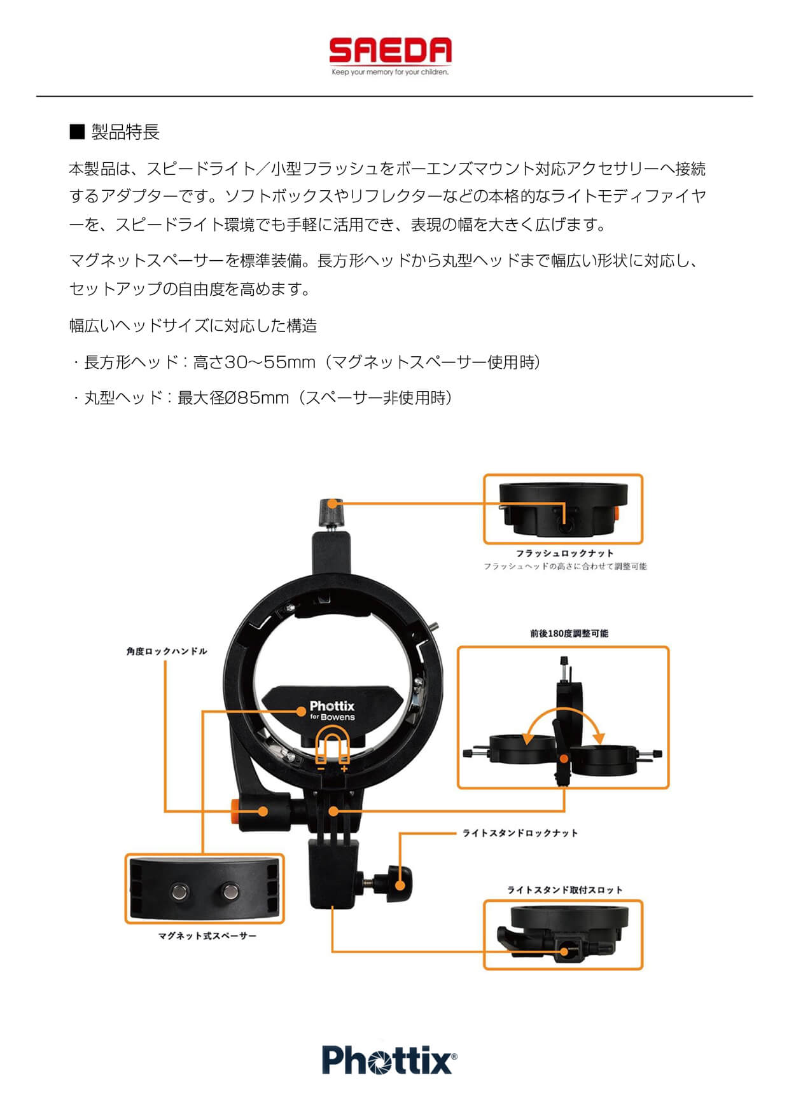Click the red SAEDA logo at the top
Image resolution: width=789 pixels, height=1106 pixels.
(x=390, y=51)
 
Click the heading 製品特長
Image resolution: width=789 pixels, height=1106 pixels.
(x=125, y=132)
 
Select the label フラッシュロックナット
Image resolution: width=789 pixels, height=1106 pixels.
(x=564, y=553)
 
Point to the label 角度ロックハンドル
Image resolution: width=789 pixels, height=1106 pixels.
(x=167, y=651)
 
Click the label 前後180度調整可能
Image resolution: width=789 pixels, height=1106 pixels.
(x=569, y=633)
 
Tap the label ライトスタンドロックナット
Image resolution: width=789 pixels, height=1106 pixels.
(x=520, y=833)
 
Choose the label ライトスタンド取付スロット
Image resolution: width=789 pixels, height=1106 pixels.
(x=564, y=890)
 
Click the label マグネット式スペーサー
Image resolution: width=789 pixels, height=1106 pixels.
(x=207, y=936)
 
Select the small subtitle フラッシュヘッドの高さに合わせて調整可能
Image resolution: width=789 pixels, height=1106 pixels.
(x=565, y=566)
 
